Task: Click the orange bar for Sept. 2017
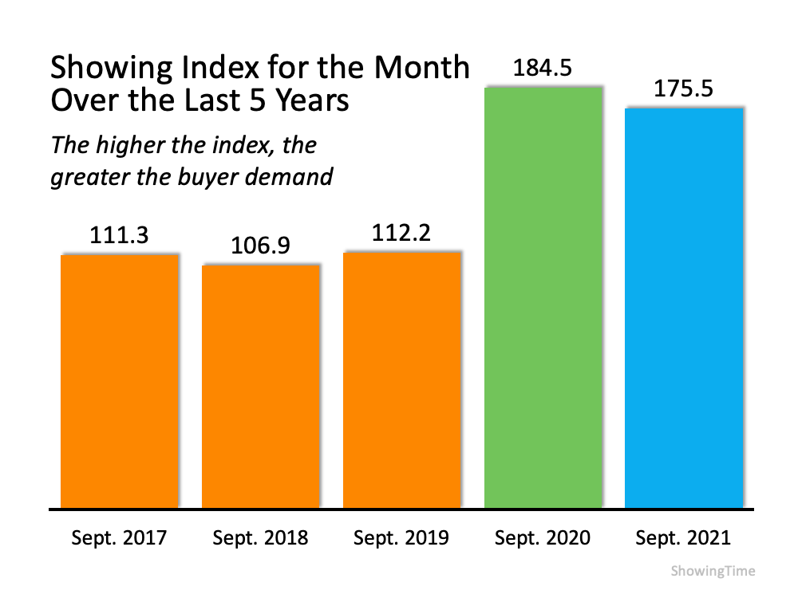[120, 380]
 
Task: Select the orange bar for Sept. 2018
[261, 386]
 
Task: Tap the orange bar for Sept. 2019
[402, 380]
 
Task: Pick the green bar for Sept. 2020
[543, 296]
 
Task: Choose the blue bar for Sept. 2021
[684, 307]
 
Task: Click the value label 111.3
[120, 237]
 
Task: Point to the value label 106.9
[260, 247]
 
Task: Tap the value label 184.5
[543, 69]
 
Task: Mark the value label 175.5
[684, 89]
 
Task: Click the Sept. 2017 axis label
[120, 538]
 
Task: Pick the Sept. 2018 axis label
[260, 538]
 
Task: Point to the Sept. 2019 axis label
[401, 538]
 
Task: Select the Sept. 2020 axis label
[543, 538]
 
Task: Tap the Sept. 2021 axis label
[683, 538]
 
